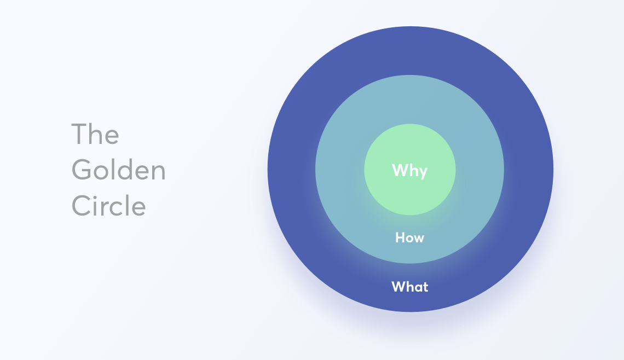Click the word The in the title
click(95, 133)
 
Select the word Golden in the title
click(118, 170)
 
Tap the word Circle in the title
click(108, 205)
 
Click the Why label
click(409, 171)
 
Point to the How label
click(409, 237)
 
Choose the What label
click(409, 286)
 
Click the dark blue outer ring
click(410, 50)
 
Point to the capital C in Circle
click(81, 206)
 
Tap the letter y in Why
click(423, 173)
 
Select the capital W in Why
click(400, 170)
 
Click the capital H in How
click(400, 237)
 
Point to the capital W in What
click(398, 286)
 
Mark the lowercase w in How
click(419, 239)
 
